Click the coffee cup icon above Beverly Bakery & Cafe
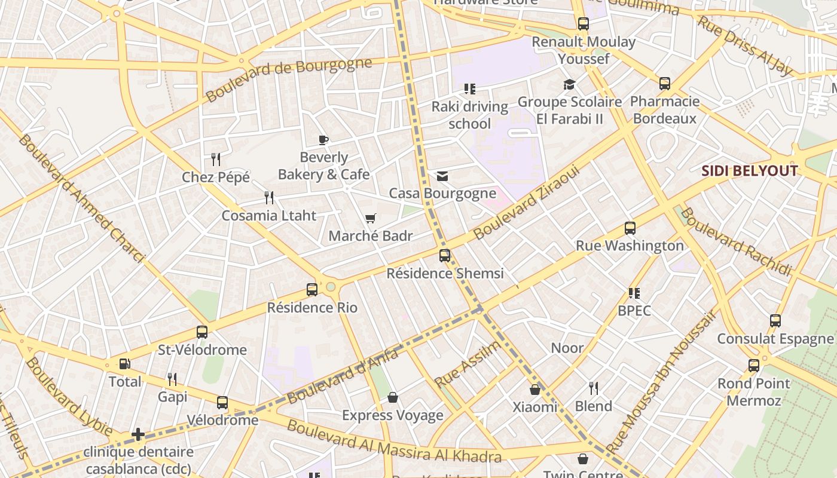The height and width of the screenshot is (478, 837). [x=323, y=140]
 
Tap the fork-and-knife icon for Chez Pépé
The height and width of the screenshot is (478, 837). [x=216, y=160]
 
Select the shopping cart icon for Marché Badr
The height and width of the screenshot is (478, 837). [x=371, y=219]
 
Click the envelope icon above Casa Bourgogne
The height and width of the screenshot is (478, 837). [x=442, y=176]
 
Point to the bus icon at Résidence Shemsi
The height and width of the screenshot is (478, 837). [x=445, y=256]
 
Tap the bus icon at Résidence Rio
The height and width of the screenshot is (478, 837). [x=312, y=290]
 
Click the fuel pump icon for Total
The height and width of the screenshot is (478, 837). [x=124, y=364]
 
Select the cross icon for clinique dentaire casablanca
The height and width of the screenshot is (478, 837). [x=138, y=434]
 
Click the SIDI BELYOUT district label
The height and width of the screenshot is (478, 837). [x=749, y=171]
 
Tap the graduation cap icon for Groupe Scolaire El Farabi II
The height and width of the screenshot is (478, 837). [x=569, y=85]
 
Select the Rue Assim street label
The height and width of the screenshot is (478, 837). [x=468, y=364]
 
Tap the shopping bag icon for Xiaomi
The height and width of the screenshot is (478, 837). [x=535, y=390]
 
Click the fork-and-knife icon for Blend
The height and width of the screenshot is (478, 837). [x=594, y=388]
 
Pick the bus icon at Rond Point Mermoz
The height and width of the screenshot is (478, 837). [x=754, y=366]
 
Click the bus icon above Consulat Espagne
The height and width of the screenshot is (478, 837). [x=775, y=321]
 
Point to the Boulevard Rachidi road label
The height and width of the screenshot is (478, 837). [x=735, y=242]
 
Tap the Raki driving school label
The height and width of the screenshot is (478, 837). [x=470, y=115]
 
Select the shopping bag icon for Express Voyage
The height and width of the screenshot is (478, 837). [x=393, y=397]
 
